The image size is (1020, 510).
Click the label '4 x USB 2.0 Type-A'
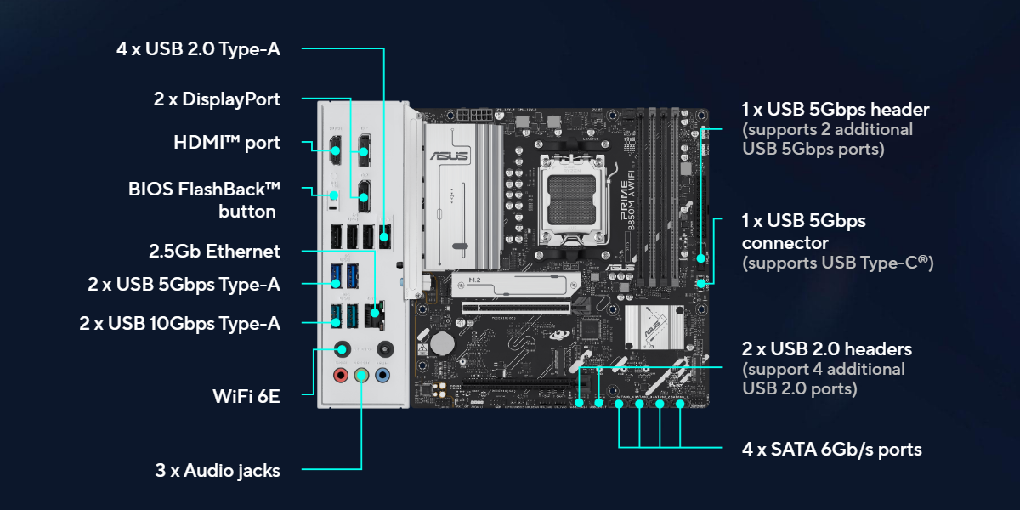(x=198, y=48)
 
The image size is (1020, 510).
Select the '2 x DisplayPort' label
(x=217, y=99)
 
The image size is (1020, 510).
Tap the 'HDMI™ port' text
(x=226, y=142)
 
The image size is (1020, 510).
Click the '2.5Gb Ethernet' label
(x=214, y=251)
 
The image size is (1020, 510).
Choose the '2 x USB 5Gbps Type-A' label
(x=184, y=284)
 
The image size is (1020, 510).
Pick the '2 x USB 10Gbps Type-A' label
(x=179, y=323)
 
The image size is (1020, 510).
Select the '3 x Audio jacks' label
(x=218, y=470)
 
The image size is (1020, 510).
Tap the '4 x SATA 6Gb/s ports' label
(x=832, y=449)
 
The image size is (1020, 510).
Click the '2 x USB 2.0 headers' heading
(x=827, y=348)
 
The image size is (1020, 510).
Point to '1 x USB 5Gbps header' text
(x=836, y=109)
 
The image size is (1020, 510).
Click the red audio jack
(x=341, y=375)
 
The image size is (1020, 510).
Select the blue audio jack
(x=382, y=375)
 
